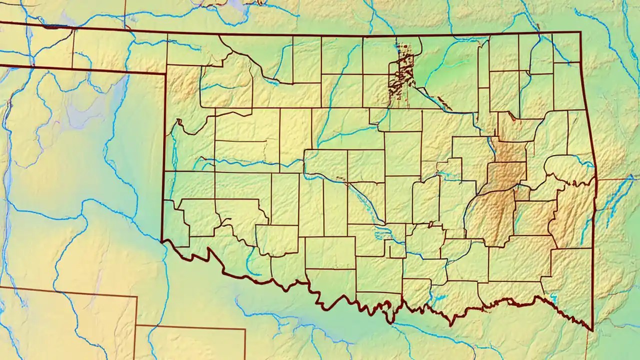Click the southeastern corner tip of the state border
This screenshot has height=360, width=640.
pyautogui.click(x=592, y=330)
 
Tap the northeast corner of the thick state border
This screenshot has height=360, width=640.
pyautogui.click(x=580, y=32)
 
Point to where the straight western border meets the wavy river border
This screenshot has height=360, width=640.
pyautogui.click(x=162, y=240)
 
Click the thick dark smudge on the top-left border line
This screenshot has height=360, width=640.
pyautogui.click(x=49, y=27)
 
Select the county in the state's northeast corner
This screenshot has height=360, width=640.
pyautogui.click(x=566, y=47)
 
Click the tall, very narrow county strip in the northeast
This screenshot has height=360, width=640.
pyautogui.click(x=483, y=85)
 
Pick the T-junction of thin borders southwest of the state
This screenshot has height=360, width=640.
pyautogui.click(x=136, y=325)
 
